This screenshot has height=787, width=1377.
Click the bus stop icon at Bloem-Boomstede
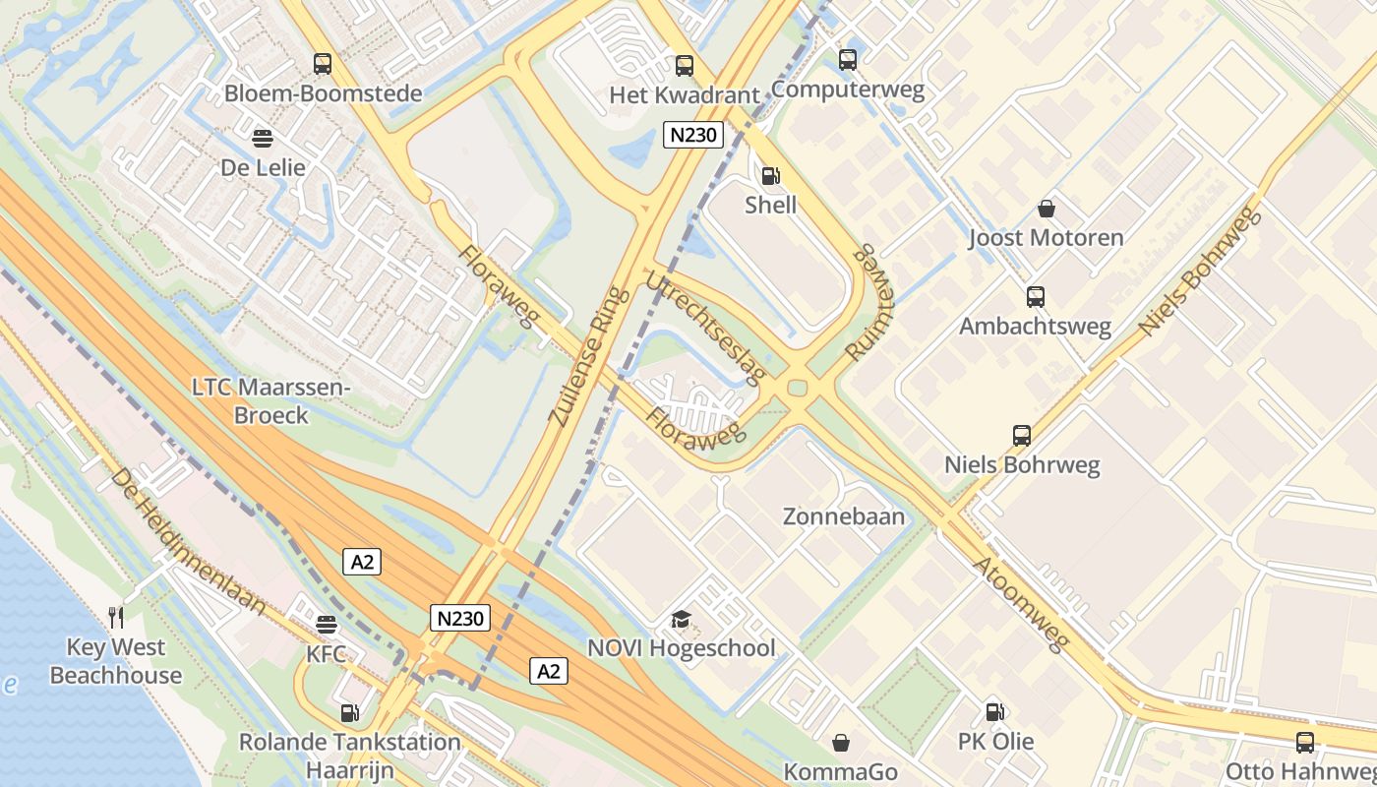(x=323, y=64)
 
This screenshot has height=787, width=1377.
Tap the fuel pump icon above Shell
(x=771, y=176)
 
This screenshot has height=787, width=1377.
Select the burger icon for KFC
(x=327, y=625)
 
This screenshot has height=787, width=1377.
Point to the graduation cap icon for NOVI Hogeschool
(x=681, y=619)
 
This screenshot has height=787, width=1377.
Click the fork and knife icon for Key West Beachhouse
(x=116, y=617)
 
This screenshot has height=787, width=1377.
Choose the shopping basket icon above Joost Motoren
(x=1047, y=209)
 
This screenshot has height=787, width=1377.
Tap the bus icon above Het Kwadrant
(x=685, y=66)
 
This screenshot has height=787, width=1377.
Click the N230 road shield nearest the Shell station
(x=693, y=135)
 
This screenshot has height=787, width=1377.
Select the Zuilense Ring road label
(x=586, y=356)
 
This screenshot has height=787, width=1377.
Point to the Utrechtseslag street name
(x=705, y=328)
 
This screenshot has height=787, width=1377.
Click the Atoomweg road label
(x=1020, y=604)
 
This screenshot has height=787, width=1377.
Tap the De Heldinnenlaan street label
(x=187, y=542)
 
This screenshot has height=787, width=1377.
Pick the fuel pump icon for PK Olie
(x=995, y=711)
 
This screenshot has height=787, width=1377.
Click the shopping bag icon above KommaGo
(x=841, y=743)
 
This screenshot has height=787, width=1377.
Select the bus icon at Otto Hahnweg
(x=1305, y=743)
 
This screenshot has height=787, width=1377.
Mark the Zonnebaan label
(x=844, y=515)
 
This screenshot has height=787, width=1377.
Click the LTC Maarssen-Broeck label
(x=270, y=401)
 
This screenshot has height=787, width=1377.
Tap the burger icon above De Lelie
(x=263, y=137)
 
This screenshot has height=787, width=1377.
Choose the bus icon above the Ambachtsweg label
(x=1035, y=296)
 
